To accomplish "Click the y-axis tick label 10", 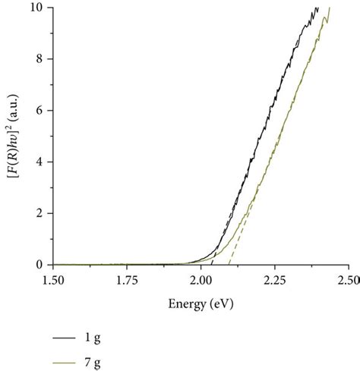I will (x=37, y=8).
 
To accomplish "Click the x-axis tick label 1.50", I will (x=53, y=280).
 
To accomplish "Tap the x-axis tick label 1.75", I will (x=127, y=280).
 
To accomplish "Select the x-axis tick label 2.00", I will (x=201, y=280).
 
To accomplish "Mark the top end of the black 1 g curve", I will (x=318, y=8).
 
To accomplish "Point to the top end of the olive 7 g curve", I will (x=330, y=8).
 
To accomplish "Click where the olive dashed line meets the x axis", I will (x=229, y=265).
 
